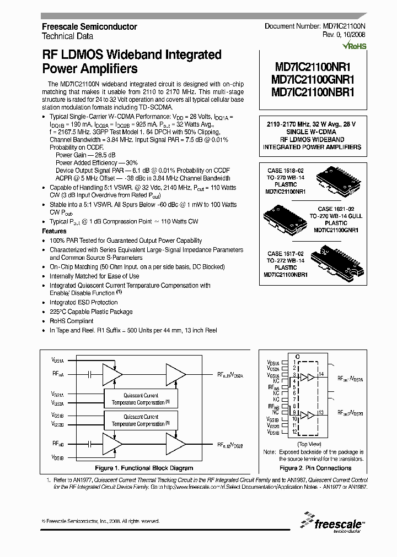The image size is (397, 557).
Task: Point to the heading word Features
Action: [x=54, y=232]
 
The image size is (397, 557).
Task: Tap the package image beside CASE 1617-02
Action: [x=337, y=258]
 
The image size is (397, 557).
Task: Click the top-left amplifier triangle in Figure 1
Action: [x=113, y=374]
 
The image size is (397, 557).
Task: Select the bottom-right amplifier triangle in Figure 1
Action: [x=176, y=445]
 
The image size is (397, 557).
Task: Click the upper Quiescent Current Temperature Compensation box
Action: [x=141, y=399]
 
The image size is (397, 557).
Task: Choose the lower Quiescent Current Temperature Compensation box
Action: [x=141, y=421]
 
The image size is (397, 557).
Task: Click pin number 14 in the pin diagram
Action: [x=321, y=374]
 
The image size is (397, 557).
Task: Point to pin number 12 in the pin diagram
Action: [x=295, y=432]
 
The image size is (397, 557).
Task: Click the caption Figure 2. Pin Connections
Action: [x=315, y=468]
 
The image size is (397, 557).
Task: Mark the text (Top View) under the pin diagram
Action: [x=309, y=444]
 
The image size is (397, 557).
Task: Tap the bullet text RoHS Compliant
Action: [x=71, y=321]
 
